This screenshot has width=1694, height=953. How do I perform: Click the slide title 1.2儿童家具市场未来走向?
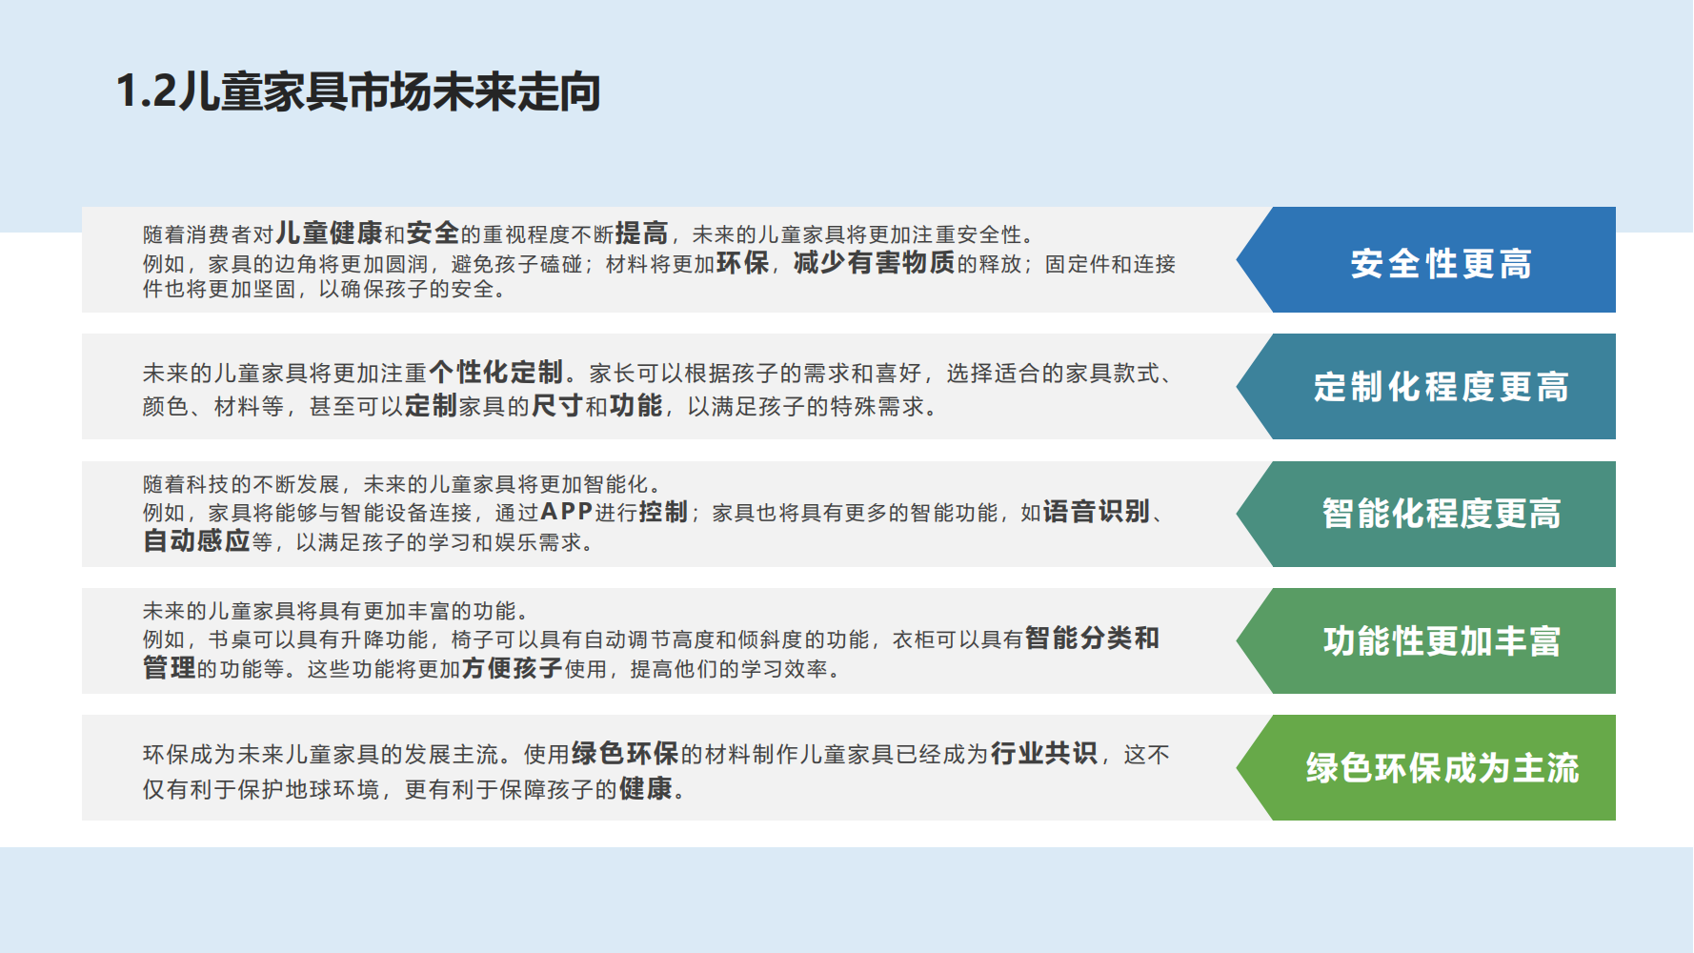click(357, 92)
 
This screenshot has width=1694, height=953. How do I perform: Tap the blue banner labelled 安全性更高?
click(1441, 264)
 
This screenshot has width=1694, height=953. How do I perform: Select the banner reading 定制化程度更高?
click(1441, 387)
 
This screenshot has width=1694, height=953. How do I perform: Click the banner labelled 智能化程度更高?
click(1441, 514)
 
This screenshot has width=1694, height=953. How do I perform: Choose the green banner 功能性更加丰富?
click(1441, 641)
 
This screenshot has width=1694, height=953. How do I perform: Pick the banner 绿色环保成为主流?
click(1441, 768)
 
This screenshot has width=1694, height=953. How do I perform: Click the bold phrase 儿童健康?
click(329, 233)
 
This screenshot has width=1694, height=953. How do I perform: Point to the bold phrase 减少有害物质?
click(874, 263)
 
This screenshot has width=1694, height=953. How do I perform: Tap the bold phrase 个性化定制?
click(495, 372)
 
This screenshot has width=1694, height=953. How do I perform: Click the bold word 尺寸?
click(556, 406)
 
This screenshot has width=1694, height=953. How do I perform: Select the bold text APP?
click(567, 513)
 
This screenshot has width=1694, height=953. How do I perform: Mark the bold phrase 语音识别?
click(1097, 512)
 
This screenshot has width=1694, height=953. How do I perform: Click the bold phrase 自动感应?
click(196, 541)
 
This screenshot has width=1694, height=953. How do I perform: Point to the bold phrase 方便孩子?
click(512, 668)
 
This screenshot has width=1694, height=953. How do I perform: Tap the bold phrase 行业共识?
click(1044, 754)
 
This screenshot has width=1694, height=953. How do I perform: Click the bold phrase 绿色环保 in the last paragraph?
click(625, 754)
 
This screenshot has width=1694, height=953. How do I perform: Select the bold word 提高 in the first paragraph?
click(641, 233)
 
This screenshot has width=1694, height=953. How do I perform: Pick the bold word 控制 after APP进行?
click(663, 513)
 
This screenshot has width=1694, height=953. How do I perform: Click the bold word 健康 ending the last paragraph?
click(646, 789)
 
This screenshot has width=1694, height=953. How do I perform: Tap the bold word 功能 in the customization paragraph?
click(635, 406)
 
